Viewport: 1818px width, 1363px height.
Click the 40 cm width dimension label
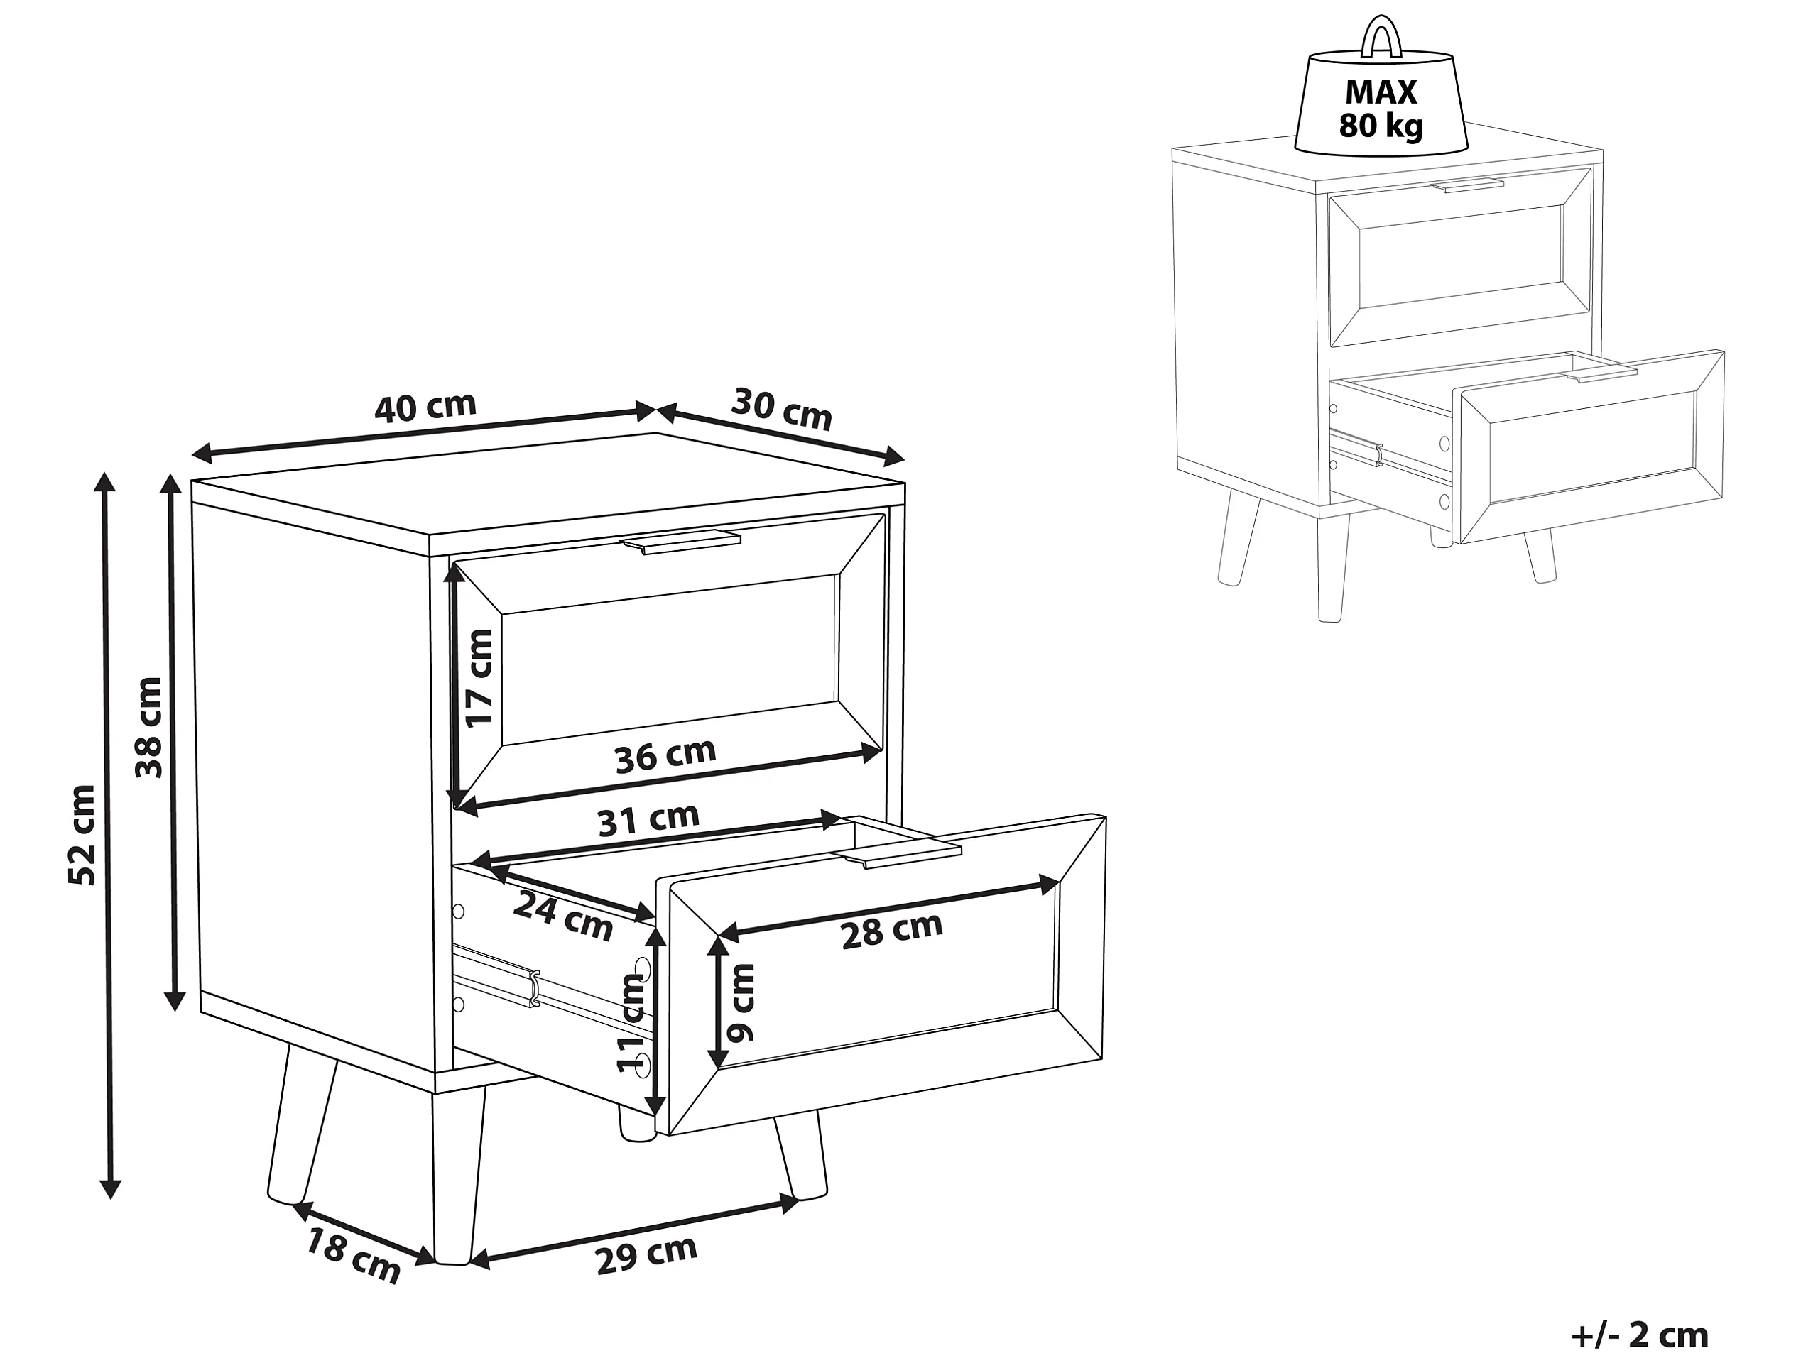coord(425,407)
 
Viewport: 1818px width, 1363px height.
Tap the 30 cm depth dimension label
coord(782,409)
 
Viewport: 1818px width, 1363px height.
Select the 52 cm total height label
coord(83,835)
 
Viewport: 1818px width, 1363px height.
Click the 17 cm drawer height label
coord(479,678)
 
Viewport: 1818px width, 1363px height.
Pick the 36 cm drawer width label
coord(665,755)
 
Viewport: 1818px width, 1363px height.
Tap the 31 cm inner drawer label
coord(648,819)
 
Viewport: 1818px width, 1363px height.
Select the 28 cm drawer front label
coord(893,931)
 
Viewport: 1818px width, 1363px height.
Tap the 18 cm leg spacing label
coord(354,1255)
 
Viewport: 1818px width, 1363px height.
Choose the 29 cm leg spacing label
coord(647,1254)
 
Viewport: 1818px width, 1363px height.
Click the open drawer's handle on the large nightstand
coord(900,855)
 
